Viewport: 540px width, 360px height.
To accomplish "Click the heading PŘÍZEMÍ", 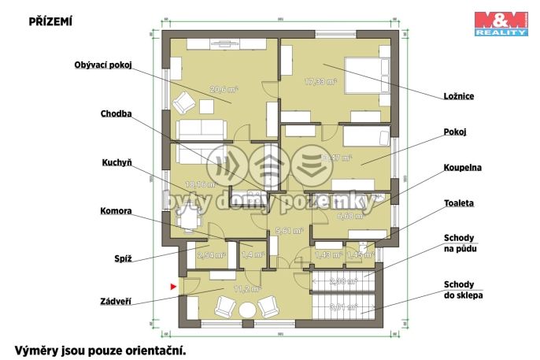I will (x=50, y=22).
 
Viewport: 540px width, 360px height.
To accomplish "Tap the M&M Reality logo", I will (x=501, y=24).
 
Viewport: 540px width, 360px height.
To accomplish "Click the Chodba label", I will (x=115, y=113).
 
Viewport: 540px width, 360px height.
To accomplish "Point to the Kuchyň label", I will (x=116, y=162).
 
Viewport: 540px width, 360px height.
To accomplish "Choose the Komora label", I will (x=115, y=211).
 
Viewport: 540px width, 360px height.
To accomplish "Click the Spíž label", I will (x=121, y=257).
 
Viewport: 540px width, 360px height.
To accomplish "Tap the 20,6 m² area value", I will (x=220, y=89).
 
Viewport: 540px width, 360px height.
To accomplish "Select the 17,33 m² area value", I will (x=320, y=80).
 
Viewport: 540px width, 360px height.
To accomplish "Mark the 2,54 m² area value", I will (x=211, y=255).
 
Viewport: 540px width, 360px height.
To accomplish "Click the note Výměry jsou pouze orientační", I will (x=100, y=348).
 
